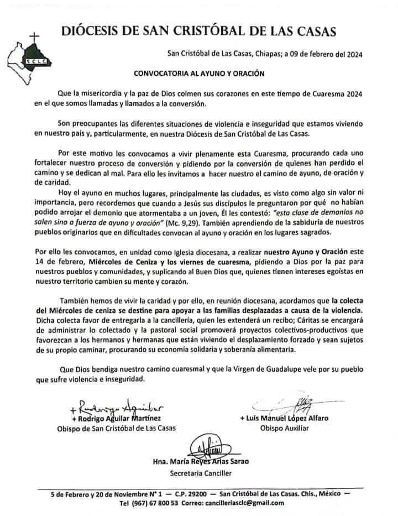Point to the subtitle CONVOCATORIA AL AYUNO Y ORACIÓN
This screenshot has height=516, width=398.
pos(199,72)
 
